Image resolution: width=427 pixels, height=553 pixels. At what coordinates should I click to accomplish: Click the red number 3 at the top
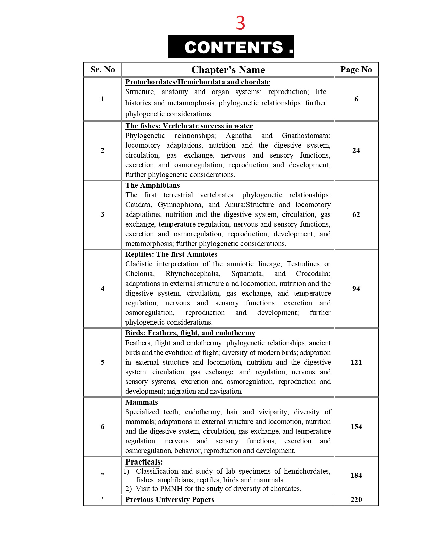click(x=240, y=23)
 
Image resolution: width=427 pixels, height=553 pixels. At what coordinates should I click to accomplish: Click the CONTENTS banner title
click(x=234, y=47)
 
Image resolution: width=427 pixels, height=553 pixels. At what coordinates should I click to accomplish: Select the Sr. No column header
click(x=102, y=70)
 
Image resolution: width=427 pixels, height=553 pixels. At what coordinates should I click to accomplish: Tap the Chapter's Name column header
click(x=228, y=70)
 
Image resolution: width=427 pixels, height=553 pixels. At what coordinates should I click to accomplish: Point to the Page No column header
click(x=356, y=70)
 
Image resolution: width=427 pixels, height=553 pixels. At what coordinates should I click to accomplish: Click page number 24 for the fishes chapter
click(x=356, y=150)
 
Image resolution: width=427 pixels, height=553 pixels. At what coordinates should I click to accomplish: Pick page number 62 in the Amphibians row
click(x=356, y=214)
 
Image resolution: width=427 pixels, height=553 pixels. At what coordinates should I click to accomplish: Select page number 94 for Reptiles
click(x=356, y=289)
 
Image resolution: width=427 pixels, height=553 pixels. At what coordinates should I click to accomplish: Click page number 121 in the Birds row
click(x=356, y=362)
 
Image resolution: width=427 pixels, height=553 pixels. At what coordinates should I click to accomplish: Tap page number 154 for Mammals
click(x=356, y=427)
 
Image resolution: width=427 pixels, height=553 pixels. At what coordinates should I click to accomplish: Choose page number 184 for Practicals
click(x=356, y=475)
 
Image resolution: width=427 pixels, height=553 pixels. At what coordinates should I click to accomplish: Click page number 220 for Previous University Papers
click(x=356, y=500)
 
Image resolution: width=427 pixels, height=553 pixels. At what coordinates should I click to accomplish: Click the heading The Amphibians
click(x=152, y=185)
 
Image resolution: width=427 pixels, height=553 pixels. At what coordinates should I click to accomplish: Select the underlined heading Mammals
click(x=141, y=402)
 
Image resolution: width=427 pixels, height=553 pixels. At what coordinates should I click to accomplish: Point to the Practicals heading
click(x=144, y=462)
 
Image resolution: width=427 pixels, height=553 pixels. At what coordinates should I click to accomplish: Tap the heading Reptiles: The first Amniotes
click(x=171, y=254)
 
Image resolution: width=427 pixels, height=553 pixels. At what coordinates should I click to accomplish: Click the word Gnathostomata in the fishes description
click(x=306, y=136)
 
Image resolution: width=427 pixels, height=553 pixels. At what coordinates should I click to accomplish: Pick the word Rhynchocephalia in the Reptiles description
click(x=193, y=274)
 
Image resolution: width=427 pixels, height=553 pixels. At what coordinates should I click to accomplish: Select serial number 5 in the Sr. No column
click(x=102, y=362)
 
